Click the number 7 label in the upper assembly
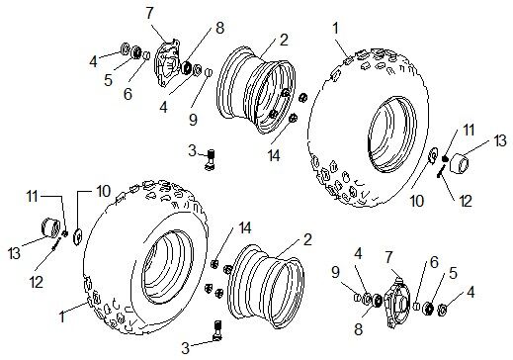tap(149, 14)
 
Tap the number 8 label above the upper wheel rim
tap(219, 28)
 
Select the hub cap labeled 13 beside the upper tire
tap(461, 163)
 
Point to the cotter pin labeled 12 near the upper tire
tap(441, 172)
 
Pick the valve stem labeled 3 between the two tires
tap(211, 159)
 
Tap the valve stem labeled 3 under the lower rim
tap(217, 330)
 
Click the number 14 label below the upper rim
tap(274, 155)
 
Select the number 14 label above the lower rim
tap(245, 227)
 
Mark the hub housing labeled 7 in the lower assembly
tap(397, 302)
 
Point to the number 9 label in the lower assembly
tap(335, 272)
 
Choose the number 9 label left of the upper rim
tap(193, 120)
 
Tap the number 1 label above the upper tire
tap(335, 29)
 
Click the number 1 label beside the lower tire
tap(62, 316)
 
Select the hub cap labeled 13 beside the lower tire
tap(51, 227)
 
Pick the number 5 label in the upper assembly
tap(109, 80)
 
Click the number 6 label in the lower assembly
tap(434, 262)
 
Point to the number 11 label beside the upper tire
tap(469, 130)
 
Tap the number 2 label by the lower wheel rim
tap(307, 239)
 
